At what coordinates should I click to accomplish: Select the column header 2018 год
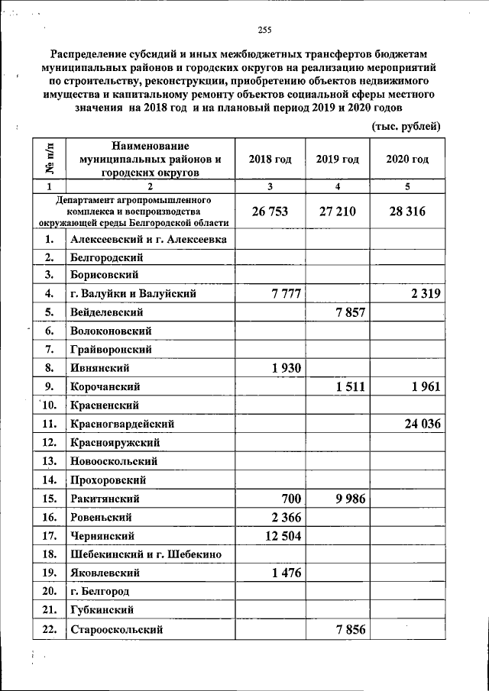point(270,160)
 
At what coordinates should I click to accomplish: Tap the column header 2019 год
point(337,160)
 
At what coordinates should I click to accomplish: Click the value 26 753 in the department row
point(270,211)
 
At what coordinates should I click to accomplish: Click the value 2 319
point(420,294)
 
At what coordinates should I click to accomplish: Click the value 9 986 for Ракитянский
point(350,499)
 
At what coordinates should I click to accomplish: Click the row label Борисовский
point(103,276)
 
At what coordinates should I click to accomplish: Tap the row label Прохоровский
point(107,480)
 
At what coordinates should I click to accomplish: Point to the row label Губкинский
point(102,610)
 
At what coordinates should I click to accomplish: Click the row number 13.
point(50,461)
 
